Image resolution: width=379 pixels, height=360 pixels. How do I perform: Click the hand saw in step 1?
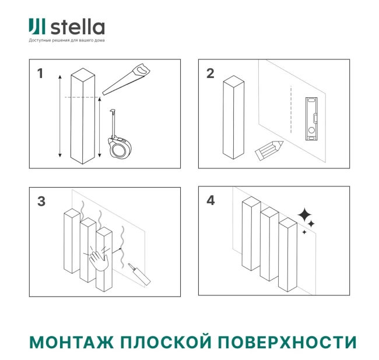tap(127, 79)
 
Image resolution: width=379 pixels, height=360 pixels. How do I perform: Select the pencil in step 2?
tap(269, 150)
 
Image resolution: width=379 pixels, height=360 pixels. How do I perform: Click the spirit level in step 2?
tap(311, 119)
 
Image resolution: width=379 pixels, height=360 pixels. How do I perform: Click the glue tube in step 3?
tap(139, 274)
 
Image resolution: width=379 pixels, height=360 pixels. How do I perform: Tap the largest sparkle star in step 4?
tap(304, 214)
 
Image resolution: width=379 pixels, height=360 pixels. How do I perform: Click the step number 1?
tap(40, 73)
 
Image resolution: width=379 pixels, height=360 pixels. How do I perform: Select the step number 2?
tap(210, 73)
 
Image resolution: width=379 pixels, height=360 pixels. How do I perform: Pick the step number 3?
tap(41, 201)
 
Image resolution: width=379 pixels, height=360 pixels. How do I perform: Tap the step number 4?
tap(210, 200)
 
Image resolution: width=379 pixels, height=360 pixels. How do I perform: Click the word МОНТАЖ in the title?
tap(71, 342)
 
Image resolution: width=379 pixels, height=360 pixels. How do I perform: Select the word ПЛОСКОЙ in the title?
tap(166, 342)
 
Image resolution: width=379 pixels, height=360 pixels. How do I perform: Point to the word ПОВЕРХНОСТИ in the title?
tap(287, 342)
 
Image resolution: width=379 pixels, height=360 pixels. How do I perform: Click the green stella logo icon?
tap(37, 26)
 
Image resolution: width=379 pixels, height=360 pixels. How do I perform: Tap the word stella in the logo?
tap(78, 27)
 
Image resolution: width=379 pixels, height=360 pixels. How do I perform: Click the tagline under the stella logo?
tap(66, 40)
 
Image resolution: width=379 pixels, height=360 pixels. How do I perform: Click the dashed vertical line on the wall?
tap(291, 109)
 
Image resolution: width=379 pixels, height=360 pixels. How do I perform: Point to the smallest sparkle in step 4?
tap(304, 232)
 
